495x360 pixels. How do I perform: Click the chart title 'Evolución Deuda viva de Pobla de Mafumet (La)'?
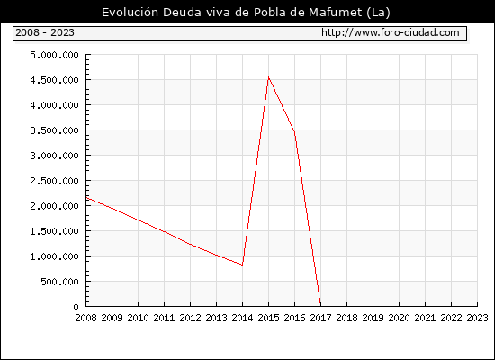[x=246, y=13]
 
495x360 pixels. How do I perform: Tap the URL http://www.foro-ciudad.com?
[x=391, y=32]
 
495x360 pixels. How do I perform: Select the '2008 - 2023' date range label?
[x=45, y=32]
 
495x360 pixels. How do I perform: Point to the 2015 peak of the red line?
[x=269, y=77]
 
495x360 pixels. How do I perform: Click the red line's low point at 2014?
[x=242, y=265]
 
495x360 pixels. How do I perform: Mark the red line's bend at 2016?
[x=294, y=131]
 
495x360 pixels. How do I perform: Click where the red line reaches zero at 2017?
[x=320, y=305]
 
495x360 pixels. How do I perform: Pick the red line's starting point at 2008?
[x=86, y=198]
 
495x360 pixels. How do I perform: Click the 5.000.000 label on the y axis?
[x=54, y=55]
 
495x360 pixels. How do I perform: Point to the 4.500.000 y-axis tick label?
[x=54, y=80]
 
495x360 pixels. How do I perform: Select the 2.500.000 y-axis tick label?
[x=54, y=181]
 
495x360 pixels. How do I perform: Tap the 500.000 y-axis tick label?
[x=59, y=282]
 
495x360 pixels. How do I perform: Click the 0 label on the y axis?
[x=76, y=307]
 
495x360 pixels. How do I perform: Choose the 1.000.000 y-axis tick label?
[x=54, y=256]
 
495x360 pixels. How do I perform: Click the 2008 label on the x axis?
[x=85, y=318]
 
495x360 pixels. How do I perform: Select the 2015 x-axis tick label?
[x=269, y=318]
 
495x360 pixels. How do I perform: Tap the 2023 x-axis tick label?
[x=477, y=318]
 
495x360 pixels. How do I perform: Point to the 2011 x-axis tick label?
[x=164, y=318]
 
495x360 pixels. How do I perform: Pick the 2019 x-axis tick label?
[x=373, y=318]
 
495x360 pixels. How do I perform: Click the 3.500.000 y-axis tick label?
[x=54, y=130]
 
